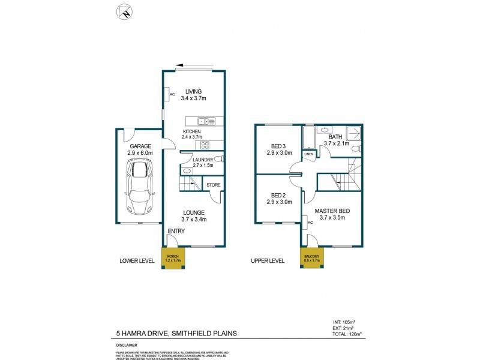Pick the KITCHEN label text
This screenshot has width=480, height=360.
pyautogui.click(x=192, y=132)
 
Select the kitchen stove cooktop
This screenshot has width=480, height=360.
pyautogui.click(x=205, y=144)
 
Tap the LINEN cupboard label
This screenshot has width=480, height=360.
pyautogui.click(x=309, y=154)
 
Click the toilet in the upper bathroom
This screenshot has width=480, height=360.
pyautogui.click(x=355, y=149)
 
